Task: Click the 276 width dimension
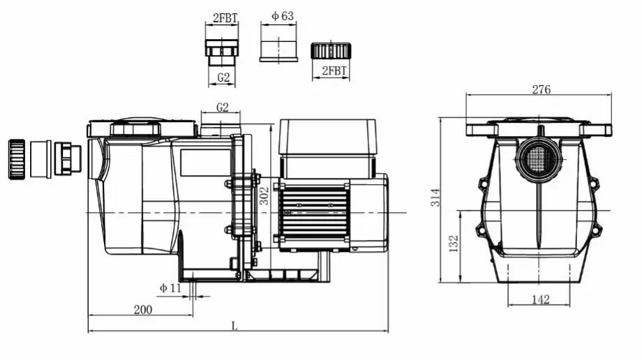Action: tap(541, 89)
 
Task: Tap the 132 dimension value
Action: tap(453, 243)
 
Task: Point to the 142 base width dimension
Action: tap(540, 299)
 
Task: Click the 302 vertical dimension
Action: tap(264, 195)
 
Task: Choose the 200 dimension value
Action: tap(143, 309)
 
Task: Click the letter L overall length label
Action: tap(234, 325)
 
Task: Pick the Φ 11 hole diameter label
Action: tap(170, 287)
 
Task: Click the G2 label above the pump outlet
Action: tap(223, 107)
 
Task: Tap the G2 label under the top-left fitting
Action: tap(223, 77)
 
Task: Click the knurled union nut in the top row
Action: tap(329, 51)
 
